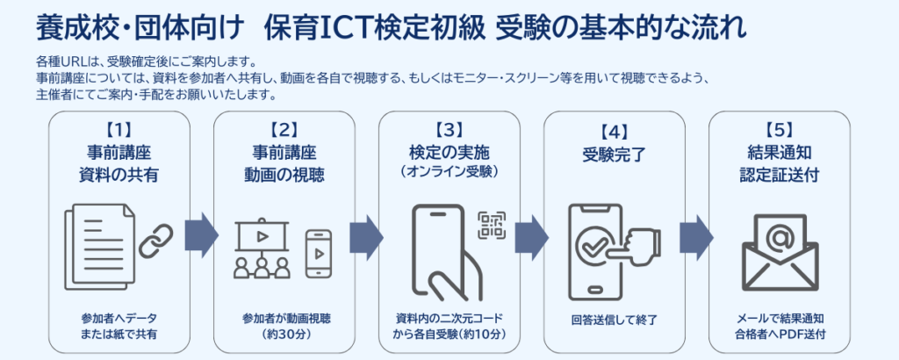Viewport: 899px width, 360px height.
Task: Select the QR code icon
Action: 492,226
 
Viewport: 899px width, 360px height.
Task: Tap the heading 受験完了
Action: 615,156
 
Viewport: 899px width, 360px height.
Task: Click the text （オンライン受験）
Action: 449,170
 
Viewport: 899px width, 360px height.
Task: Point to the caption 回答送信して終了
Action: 615,319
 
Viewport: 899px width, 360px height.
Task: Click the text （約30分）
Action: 284,334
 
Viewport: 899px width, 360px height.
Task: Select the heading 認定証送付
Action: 780,175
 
